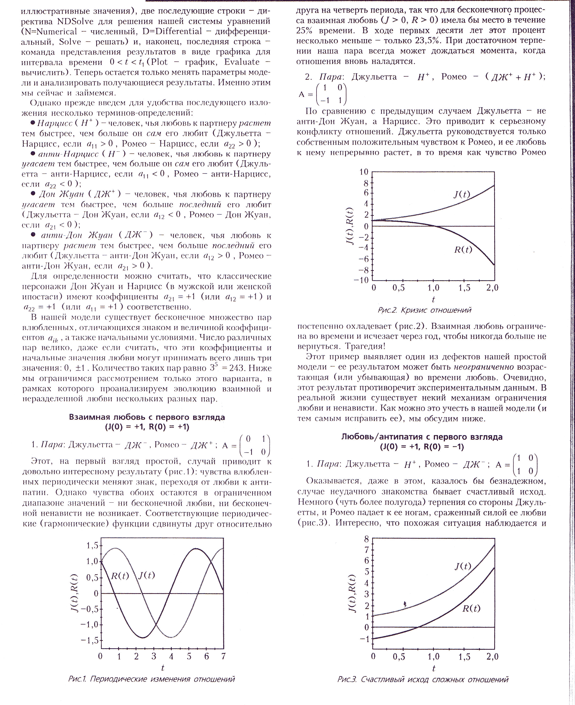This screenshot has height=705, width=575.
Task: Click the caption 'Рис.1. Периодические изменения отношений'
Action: coord(151,679)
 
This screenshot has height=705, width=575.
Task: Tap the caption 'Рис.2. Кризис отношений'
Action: coord(424,310)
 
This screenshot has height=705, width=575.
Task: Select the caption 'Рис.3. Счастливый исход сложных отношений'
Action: coord(423,680)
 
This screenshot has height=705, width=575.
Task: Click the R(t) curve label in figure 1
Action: coord(119,576)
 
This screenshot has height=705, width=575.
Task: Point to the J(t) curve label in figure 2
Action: coord(462,194)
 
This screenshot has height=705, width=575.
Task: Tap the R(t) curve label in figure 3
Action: coord(471,608)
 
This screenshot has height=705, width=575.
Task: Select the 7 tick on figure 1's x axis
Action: coord(223,656)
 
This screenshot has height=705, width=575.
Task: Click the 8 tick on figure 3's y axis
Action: coord(366,539)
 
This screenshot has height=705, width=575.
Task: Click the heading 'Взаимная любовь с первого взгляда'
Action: coord(147,417)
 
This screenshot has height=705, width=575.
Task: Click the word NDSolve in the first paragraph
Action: coord(76,21)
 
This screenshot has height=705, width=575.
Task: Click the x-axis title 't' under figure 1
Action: coord(163,668)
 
